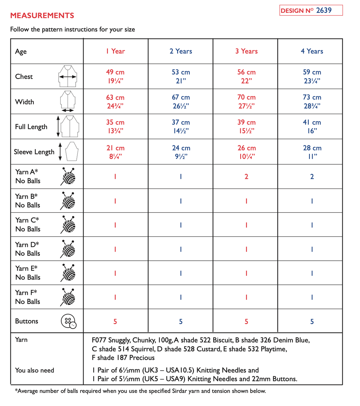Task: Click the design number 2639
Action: [324, 10]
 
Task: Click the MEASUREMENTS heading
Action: [42, 15]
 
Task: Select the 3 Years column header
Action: [246, 51]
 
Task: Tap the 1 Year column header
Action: [115, 51]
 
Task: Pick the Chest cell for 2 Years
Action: [181, 76]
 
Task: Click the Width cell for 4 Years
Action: [312, 101]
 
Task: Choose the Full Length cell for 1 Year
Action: [115, 126]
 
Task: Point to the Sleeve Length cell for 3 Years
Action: [246, 152]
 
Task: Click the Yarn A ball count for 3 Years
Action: [246, 177]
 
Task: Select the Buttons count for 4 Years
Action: [312, 321]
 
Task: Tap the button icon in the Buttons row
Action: [69, 321]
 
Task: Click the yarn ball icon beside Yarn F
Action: [68, 297]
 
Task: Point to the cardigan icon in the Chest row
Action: [68, 76]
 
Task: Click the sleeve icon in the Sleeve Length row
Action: [71, 151]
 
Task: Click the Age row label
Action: [21, 52]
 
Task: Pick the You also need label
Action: [34, 370]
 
